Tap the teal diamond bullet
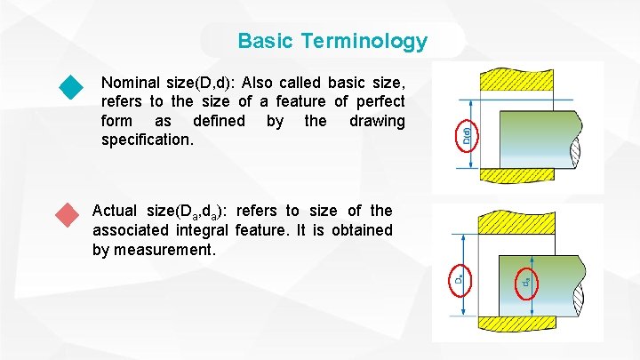pyautogui.click(x=70, y=87)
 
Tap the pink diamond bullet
pyautogui.click(x=66, y=215)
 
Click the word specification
pyautogui.click(x=146, y=140)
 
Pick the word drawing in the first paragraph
pyautogui.click(x=377, y=121)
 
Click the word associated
pyautogui.click(x=131, y=230)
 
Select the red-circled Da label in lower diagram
pyautogui.click(x=459, y=278)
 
